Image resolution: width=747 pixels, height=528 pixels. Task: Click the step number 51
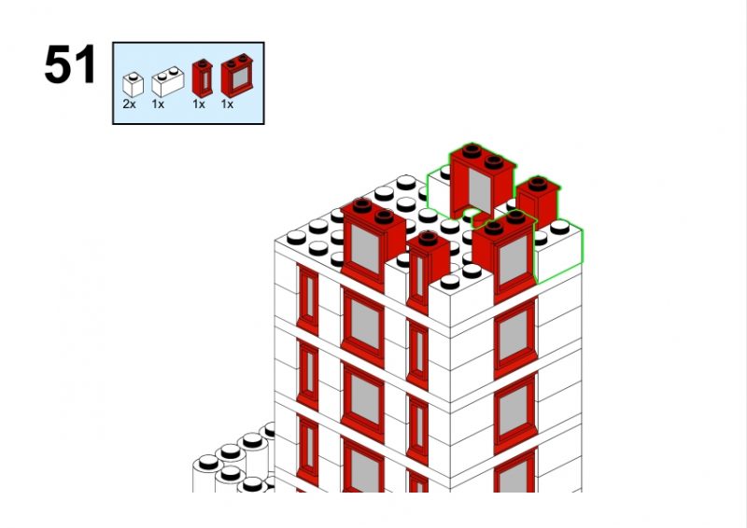70,64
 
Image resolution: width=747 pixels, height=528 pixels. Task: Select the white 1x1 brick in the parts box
133,85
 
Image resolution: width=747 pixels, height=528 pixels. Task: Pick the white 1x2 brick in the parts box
168,81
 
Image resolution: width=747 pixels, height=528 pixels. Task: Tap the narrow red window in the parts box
203,78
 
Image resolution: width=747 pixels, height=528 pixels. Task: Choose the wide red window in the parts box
237,76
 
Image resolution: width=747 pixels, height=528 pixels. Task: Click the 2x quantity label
129,104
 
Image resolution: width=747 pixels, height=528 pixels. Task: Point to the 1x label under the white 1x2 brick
158,104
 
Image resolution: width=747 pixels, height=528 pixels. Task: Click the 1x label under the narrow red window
199,104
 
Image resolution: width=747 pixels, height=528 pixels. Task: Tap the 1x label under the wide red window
227,104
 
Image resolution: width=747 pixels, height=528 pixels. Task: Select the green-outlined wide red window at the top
481,181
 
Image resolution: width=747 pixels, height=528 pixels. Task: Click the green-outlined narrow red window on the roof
539,200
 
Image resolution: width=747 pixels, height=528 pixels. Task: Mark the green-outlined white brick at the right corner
558,250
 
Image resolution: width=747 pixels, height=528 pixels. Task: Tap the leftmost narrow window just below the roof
308,300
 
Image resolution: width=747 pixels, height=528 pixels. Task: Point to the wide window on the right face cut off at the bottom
515,471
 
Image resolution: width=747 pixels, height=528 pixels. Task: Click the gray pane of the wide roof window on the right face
514,259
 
